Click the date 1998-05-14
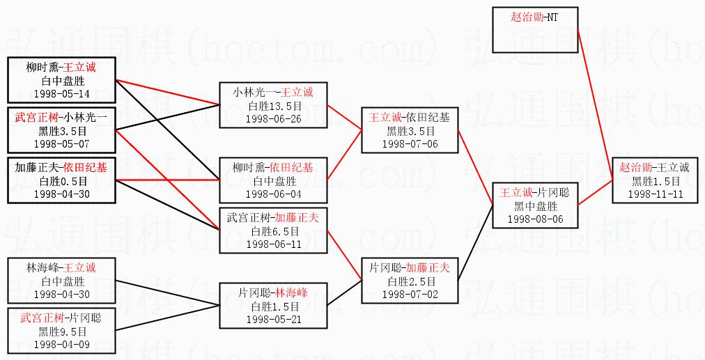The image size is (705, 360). coord(62,94)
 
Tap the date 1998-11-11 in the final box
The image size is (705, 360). coord(655,193)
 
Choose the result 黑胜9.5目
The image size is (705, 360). coord(62,331)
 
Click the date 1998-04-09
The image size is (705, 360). coord(62,344)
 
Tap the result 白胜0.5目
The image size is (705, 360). coord(62,181)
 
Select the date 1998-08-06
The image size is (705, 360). coord(536,219)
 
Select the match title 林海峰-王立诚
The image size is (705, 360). coord(62,268)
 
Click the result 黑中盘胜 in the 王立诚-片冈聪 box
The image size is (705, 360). coord(536,206)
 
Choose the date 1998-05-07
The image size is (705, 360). coord(62,143)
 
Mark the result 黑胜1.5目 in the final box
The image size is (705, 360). coord(655,180)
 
